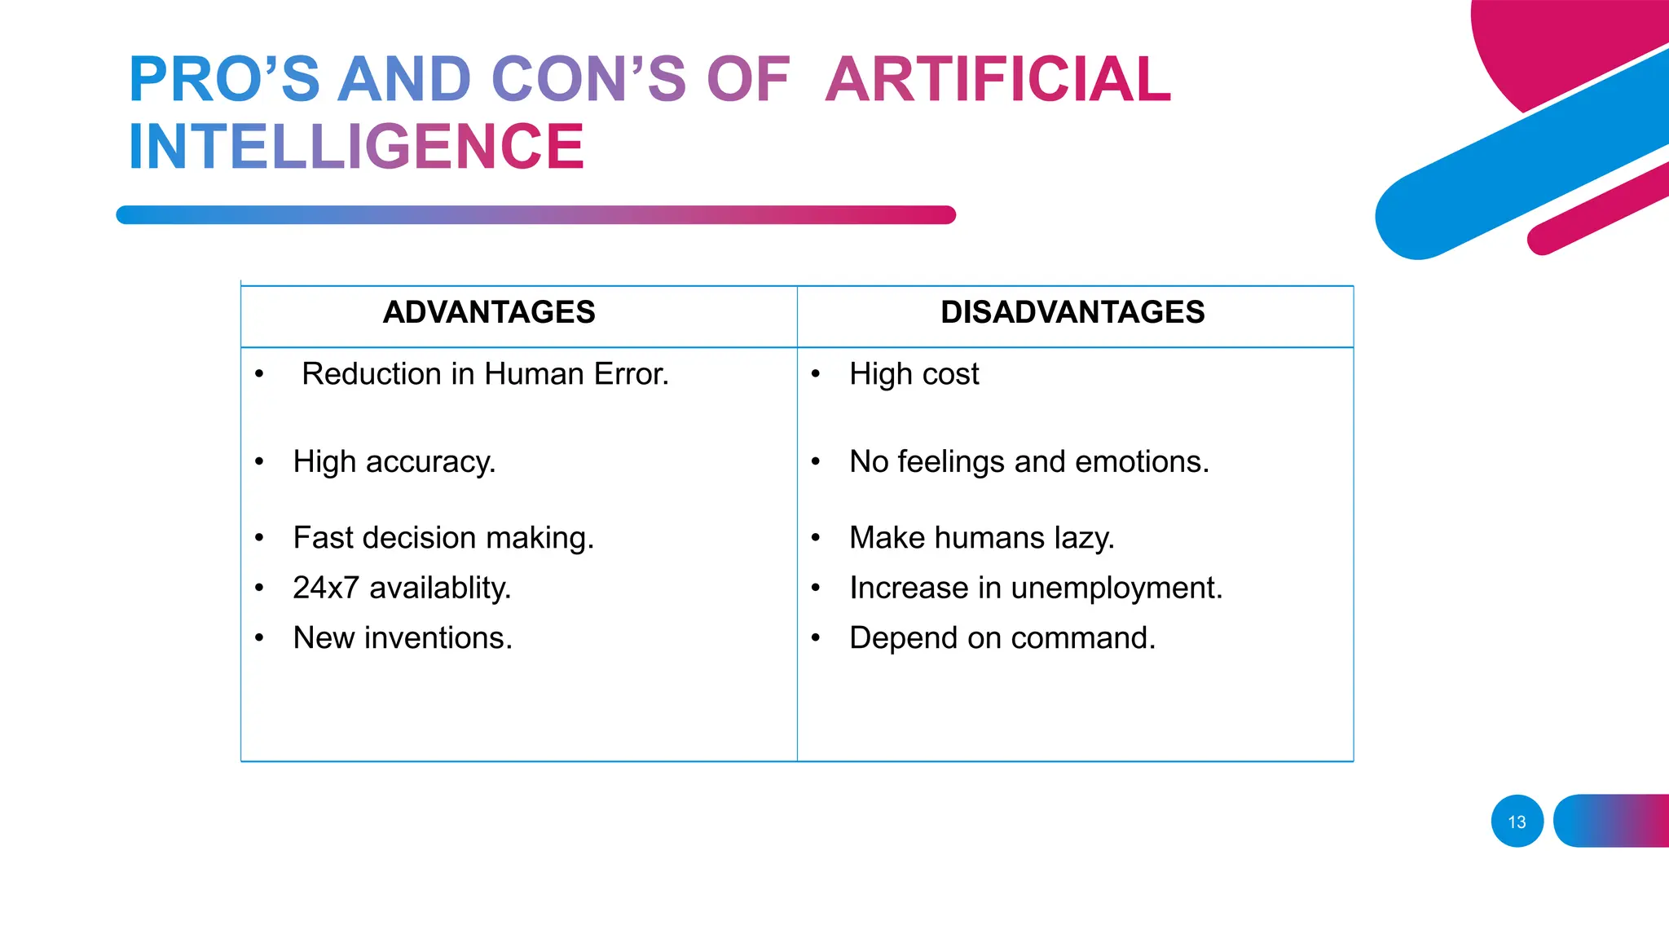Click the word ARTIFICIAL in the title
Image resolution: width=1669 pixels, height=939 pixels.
point(997,80)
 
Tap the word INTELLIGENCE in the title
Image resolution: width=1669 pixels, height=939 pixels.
point(356,147)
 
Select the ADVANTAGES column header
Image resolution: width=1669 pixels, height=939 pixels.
point(489,312)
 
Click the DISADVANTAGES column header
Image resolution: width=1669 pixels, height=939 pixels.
point(1072,312)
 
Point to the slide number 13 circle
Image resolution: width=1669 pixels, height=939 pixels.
point(1517,822)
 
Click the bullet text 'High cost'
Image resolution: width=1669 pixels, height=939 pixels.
point(914,374)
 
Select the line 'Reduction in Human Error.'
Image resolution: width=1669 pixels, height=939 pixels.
point(485,374)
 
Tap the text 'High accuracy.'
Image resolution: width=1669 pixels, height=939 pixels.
point(394,462)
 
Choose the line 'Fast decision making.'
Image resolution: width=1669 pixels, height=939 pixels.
point(443,538)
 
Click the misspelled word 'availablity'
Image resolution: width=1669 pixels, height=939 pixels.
point(440,588)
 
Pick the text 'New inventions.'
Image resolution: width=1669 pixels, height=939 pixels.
point(403,638)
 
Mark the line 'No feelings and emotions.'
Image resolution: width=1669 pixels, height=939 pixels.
point(1028,462)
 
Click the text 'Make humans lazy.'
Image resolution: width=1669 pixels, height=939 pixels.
point(981,538)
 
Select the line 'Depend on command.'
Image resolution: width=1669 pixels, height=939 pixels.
point(1002,638)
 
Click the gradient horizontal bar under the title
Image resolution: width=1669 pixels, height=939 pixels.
point(535,215)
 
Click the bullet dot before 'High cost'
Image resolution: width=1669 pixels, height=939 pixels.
point(816,374)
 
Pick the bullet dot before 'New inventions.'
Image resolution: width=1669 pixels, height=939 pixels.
point(259,638)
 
